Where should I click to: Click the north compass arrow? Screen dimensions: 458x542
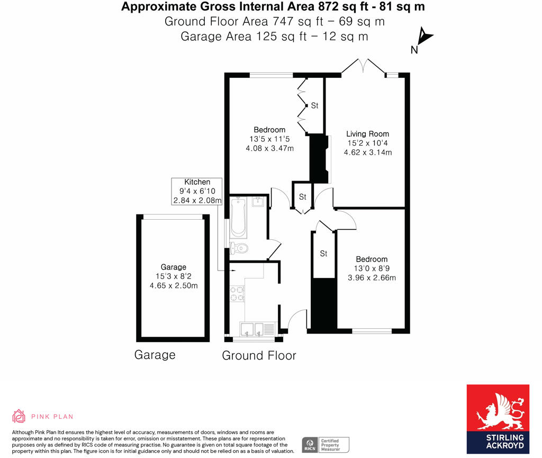[x=424, y=37]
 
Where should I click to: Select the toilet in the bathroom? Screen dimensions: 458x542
[x=240, y=247]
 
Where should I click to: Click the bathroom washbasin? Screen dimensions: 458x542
[x=259, y=202]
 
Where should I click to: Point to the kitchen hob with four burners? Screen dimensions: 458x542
[x=237, y=293]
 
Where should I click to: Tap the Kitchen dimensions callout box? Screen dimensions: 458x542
[x=197, y=191]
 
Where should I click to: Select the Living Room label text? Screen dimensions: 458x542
[x=367, y=134]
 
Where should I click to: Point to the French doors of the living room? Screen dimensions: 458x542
[x=363, y=66]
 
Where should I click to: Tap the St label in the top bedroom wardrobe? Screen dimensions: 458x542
[x=314, y=106]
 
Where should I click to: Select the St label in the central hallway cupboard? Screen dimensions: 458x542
[x=302, y=197]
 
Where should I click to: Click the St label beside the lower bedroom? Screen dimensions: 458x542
[x=323, y=254]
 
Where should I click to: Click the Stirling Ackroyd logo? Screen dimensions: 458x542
[x=498, y=419]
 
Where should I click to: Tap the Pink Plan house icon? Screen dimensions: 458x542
[x=19, y=416]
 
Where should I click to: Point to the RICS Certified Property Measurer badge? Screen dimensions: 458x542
[x=326, y=445]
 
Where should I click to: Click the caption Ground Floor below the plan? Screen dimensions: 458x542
[x=259, y=355]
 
